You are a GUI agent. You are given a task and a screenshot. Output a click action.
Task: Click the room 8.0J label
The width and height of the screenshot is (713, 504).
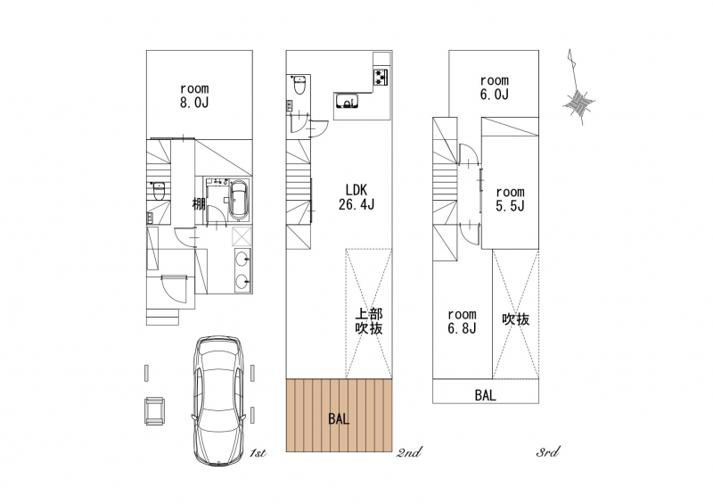194,95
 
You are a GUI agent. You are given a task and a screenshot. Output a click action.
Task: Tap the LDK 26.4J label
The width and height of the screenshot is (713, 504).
356,197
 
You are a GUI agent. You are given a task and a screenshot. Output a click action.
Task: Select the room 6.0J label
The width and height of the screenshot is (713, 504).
495,87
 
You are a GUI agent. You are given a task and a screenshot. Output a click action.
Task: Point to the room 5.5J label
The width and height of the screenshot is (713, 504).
510,199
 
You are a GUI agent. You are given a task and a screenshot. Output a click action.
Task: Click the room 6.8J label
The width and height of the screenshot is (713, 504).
462,321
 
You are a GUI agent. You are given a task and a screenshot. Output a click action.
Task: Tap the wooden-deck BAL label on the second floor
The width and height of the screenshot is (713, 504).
339,419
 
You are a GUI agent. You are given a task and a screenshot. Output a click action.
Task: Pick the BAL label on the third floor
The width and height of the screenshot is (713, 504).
485,395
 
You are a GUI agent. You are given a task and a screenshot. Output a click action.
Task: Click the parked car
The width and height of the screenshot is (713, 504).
218,401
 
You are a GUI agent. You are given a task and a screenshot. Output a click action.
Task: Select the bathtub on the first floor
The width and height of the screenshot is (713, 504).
239,201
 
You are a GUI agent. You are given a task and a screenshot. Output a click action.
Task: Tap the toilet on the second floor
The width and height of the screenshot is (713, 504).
299,85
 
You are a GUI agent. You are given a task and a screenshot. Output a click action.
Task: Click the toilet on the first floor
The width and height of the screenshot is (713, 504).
159,191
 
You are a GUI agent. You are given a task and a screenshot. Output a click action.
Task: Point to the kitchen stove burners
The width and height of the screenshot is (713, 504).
381,77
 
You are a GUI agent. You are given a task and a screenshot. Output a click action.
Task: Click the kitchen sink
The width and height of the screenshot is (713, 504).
347,101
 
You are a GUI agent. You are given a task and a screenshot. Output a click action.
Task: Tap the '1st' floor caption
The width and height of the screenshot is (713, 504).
258,453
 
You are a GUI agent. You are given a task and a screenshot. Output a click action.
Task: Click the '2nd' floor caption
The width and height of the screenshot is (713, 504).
409,452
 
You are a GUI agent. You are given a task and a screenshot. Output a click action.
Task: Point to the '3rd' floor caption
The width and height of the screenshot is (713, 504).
547,452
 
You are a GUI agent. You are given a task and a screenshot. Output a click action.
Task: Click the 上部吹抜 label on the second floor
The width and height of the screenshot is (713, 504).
369,321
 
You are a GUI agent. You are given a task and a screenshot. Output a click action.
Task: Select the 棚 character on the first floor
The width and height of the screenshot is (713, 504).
199,203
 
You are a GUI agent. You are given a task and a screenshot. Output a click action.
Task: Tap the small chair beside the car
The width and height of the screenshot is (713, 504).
154,410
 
